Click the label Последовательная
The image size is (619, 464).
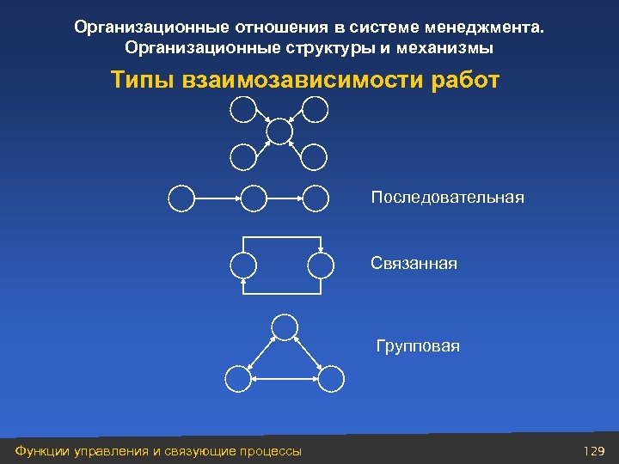[447, 198]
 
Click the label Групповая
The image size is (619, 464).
[418, 347]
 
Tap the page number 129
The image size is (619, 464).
[594, 451]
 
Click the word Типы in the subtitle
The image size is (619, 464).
[143, 81]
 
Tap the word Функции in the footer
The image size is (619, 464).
[38, 451]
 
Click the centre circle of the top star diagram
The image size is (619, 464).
[279, 131]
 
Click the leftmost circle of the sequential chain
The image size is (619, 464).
[181, 198]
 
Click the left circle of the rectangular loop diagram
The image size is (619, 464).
[244, 265]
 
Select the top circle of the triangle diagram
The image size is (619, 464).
[284, 327]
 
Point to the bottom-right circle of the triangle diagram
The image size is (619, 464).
[331, 377]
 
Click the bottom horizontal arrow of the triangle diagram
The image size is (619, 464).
[284, 377]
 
